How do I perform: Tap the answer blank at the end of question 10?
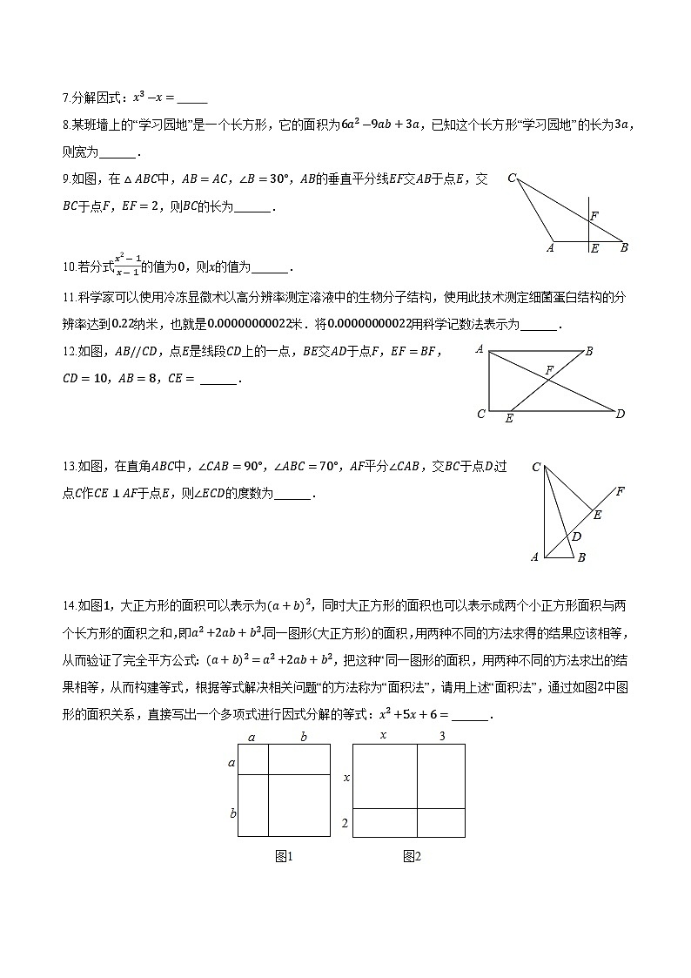coord(269,268)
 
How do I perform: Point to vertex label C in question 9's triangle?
coord(512,179)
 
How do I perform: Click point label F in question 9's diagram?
coord(594,215)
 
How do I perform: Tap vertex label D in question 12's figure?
coord(620,414)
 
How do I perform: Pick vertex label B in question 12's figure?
coord(589,351)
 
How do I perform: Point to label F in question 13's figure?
coord(620,491)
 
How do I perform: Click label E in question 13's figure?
coord(598,515)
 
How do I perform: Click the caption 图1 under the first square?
coord(284,857)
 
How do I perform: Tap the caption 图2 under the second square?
coord(412,857)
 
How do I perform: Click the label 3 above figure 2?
coord(442,736)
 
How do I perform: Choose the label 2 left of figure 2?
coord(345,823)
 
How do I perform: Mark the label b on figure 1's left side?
coord(232,813)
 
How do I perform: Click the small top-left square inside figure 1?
coord(252,759)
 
